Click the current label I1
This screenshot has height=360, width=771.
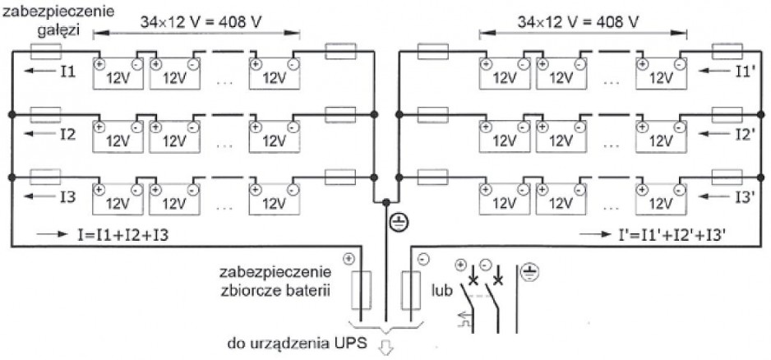[68, 72]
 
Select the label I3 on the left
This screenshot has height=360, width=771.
[68, 196]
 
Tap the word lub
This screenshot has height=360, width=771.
[441, 288]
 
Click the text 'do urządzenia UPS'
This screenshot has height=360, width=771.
[297, 343]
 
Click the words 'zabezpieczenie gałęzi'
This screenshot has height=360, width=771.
[58, 19]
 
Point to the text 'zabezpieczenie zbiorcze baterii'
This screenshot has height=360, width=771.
[276, 280]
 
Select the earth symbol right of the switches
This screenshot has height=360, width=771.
[529, 271]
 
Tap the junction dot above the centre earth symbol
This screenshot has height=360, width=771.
[386, 202]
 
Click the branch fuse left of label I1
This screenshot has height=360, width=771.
[46, 51]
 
